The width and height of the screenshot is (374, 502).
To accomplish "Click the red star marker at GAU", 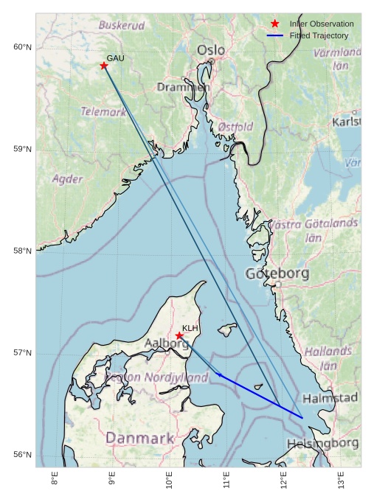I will (x=104, y=66).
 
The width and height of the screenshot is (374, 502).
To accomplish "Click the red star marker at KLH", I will (x=179, y=335).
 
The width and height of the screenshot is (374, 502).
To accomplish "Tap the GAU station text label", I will (x=115, y=58).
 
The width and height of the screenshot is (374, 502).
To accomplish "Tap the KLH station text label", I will (x=190, y=328).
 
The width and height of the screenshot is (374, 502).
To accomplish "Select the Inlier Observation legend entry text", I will (x=321, y=24).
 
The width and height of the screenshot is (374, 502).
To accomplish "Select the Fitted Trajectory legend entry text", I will (x=319, y=35).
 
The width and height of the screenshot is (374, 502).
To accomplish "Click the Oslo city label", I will (x=211, y=50).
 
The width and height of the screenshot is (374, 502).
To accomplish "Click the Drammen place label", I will (x=183, y=87).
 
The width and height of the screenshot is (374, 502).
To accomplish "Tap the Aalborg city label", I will (x=167, y=344).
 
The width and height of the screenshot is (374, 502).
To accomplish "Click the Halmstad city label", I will (x=330, y=398).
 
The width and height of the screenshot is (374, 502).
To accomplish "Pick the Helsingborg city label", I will (x=322, y=443).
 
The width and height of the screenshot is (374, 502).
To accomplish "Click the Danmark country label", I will (x=139, y=438).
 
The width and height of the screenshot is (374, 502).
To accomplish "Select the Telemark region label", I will (x=103, y=112).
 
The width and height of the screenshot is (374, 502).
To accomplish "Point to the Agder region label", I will (x=67, y=179).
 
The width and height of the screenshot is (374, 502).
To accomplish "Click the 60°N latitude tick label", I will (x=23, y=47).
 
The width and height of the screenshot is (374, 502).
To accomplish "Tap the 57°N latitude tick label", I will (x=23, y=353).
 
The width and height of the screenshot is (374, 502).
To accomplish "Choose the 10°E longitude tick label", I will (x=169, y=481).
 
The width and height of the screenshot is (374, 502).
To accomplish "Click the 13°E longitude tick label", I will (x=341, y=481).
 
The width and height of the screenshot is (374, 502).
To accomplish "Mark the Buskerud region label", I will (x=122, y=25).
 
